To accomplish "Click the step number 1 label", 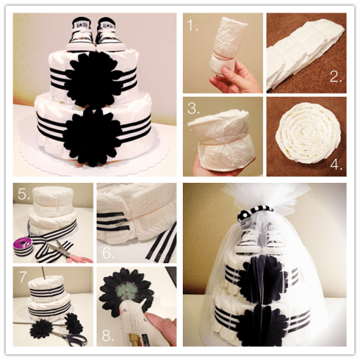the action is tap(193, 25).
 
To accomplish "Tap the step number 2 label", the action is tap(335, 76).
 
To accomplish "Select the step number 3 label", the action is tap(193, 108).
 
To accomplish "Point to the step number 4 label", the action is tap(336, 164).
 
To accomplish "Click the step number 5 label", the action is tap(24, 193).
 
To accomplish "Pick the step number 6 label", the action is tap(108, 252).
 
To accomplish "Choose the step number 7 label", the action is tap(22, 276).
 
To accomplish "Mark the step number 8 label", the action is tap(108, 335).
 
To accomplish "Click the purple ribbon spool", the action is tap(22, 247).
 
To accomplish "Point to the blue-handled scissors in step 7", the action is tap(70, 335).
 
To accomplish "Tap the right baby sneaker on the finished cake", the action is tap(109, 34).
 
